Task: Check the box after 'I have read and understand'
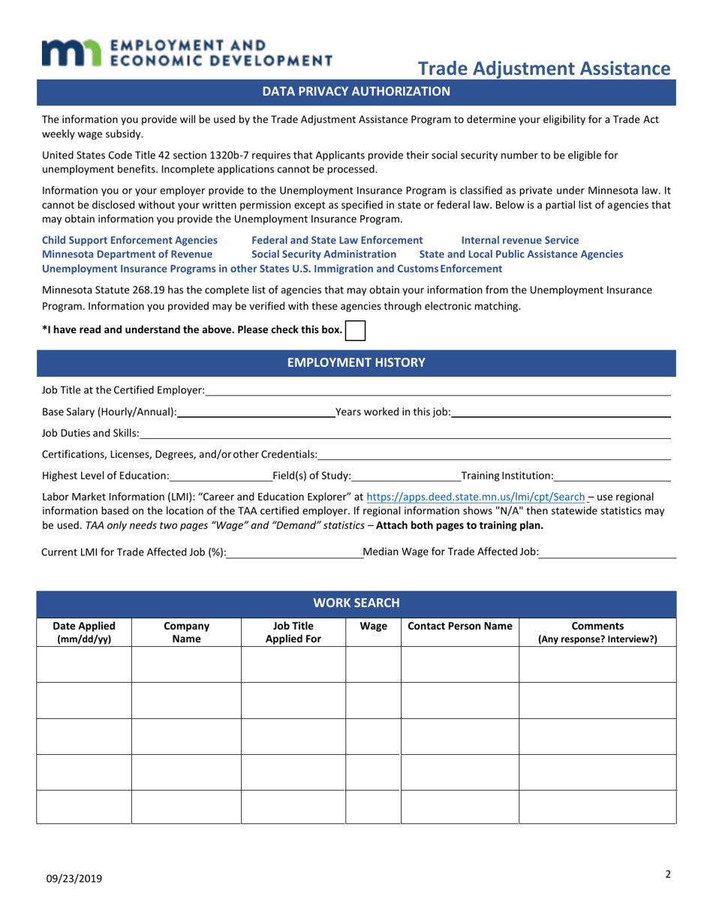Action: [355, 330]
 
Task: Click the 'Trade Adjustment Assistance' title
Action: [543, 69]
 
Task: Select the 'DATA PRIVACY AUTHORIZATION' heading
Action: [356, 92]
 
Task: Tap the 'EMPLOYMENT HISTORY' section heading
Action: [356, 362]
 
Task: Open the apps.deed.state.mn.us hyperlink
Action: [474, 497]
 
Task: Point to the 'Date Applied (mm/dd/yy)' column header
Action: [84, 633]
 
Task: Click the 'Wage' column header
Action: [373, 626]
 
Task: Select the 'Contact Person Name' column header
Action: [459, 626]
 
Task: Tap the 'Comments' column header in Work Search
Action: [597, 633]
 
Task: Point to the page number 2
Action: [667, 873]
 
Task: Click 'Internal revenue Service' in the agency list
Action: [519, 240]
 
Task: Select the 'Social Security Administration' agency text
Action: [323, 254]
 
